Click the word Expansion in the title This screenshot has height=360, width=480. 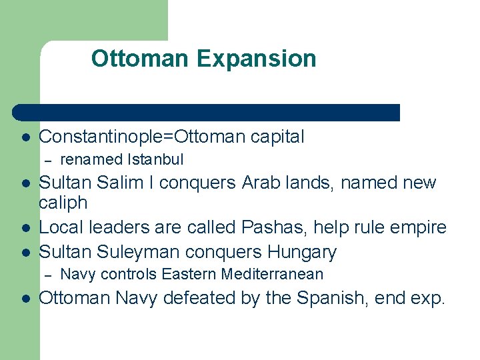[256, 59]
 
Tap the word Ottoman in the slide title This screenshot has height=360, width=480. [140, 59]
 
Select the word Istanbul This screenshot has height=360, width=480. [155, 160]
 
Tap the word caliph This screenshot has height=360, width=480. [63, 202]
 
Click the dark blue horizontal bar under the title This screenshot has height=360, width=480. [207, 112]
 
